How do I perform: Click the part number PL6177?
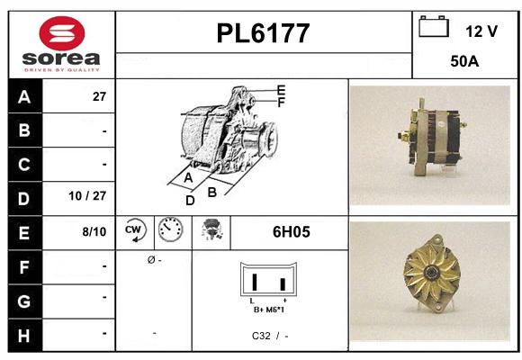point(264,34)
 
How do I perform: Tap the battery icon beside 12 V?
point(434,28)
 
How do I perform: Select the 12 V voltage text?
point(481,31)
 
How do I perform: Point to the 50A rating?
point(464,63)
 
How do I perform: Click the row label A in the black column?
point(23,97)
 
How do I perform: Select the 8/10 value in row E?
point(94,231)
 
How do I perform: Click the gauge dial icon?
point(169,231)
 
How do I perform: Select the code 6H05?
point(291,231)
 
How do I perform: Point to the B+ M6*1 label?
point(269,309)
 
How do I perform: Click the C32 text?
point(261,336)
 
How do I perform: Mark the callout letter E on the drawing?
point(281,90)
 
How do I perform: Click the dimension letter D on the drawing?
point(190,201)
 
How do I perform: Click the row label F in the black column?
point(23,265)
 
